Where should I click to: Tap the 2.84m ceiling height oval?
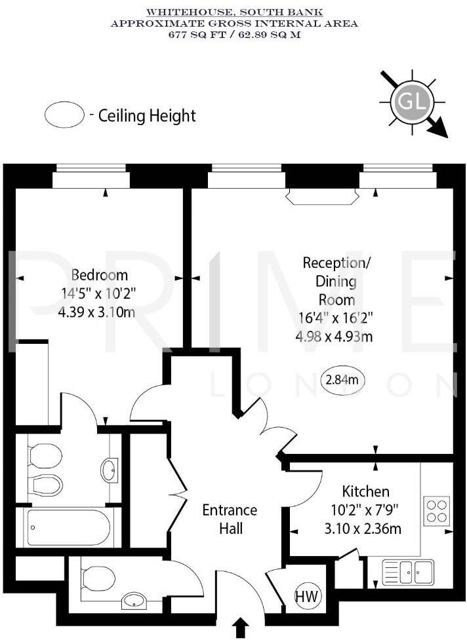(x=343, y=379)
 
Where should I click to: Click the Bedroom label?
(x=100, y=274)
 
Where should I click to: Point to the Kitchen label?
(x=365, y=491)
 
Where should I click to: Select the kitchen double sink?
(x=408, y=571)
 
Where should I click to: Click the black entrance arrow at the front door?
(x=241, y=628)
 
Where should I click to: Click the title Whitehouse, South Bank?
(x=234, y=12)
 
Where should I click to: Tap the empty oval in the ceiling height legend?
(x=64, y=115)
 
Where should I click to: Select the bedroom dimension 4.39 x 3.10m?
(x=96, y=312)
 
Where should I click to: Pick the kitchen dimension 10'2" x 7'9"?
(x=365, y=510)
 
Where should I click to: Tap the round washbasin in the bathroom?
(x=110, y=469)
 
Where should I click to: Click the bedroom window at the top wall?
(x=91, y=178)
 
